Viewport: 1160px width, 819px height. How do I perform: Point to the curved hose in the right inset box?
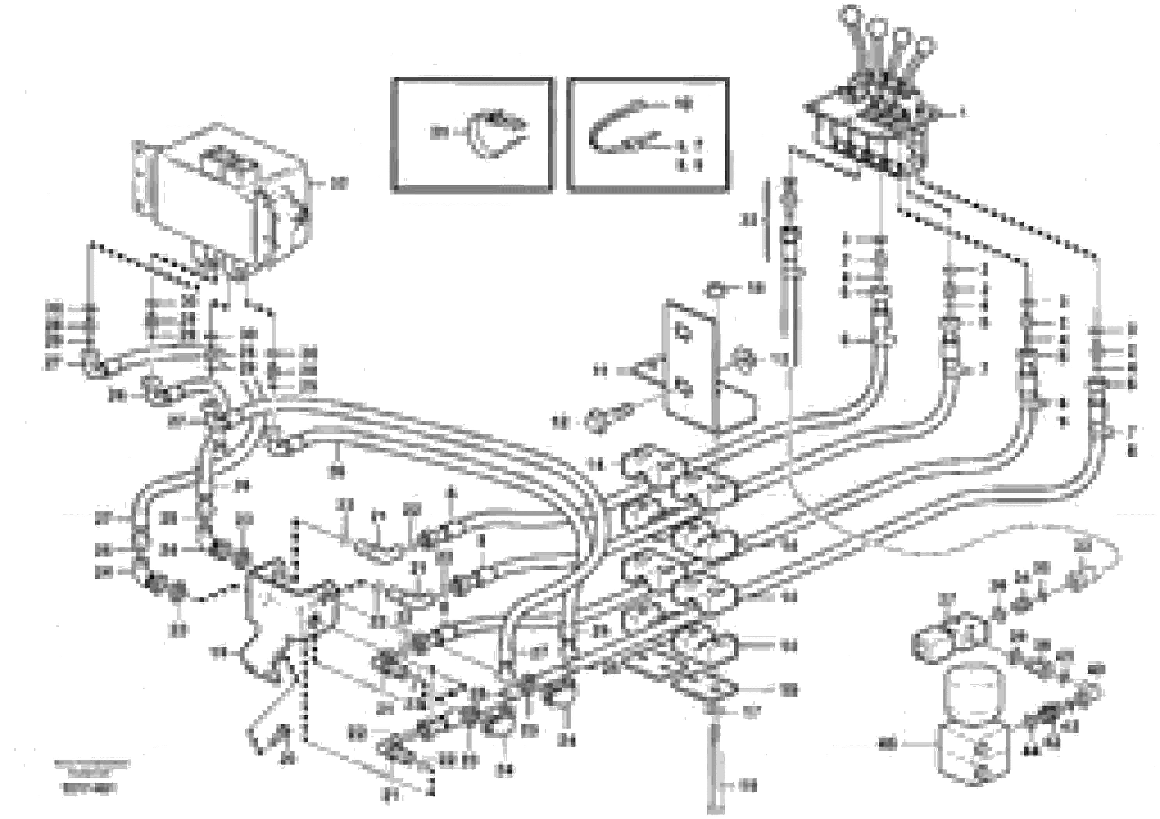pyautogui.click(x=614, y=129)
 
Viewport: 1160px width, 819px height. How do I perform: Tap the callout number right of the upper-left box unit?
pyautogui.click(x=340, y=184)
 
